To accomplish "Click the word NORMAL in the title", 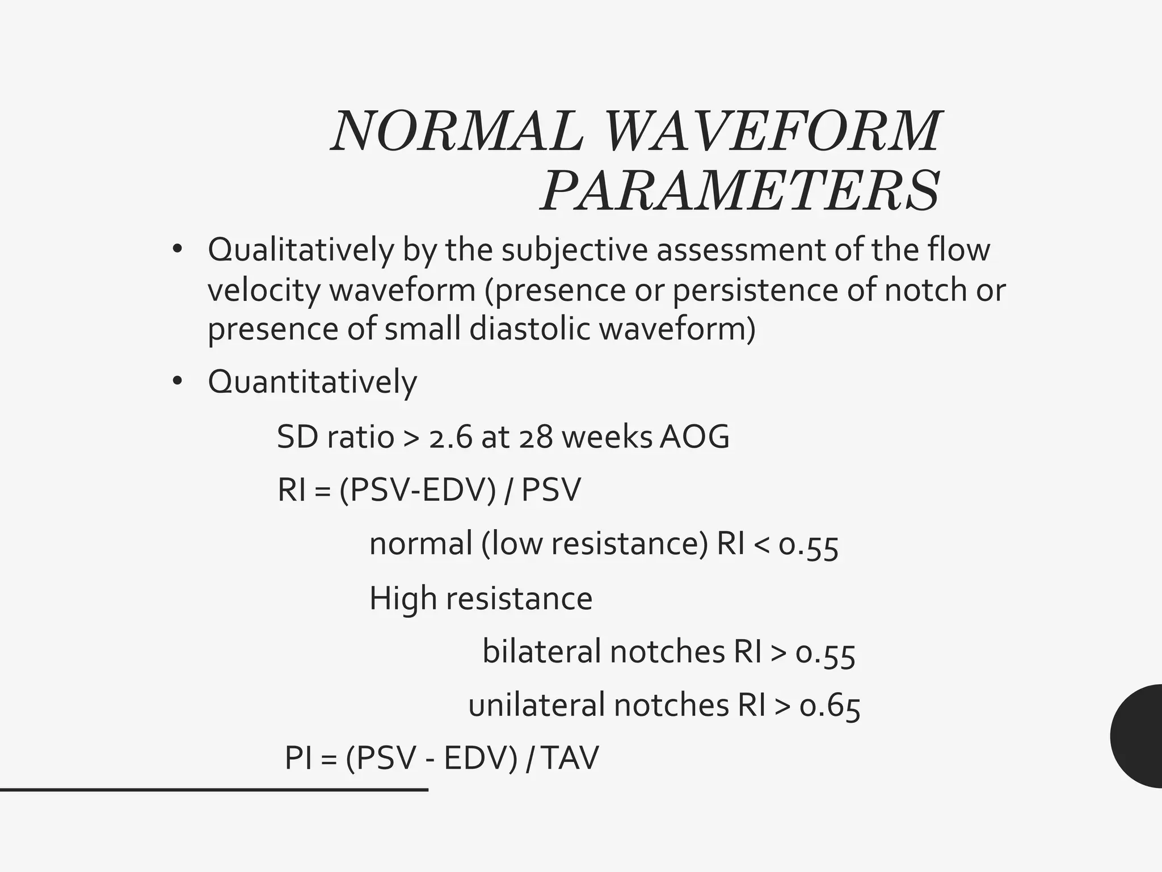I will (x=457, y=132).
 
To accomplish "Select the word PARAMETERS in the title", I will (x=740, y=190).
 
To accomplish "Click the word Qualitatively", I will (x=300, y=250).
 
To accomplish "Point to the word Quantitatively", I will (x=312, y=381).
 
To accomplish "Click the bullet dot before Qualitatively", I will (x=178, y=250).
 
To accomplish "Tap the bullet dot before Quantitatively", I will (x=178, y=381).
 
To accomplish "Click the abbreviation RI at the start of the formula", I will (x=292, y=490).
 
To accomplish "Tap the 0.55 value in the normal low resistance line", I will (x=808, y=544).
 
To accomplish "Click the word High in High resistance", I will (x=402, y=598).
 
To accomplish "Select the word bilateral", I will (x=541, y=652).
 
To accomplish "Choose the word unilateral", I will (x=536, y=705).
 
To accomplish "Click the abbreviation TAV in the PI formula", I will (x=570, y=758).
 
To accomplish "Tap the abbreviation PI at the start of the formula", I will (x=298, y=758).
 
